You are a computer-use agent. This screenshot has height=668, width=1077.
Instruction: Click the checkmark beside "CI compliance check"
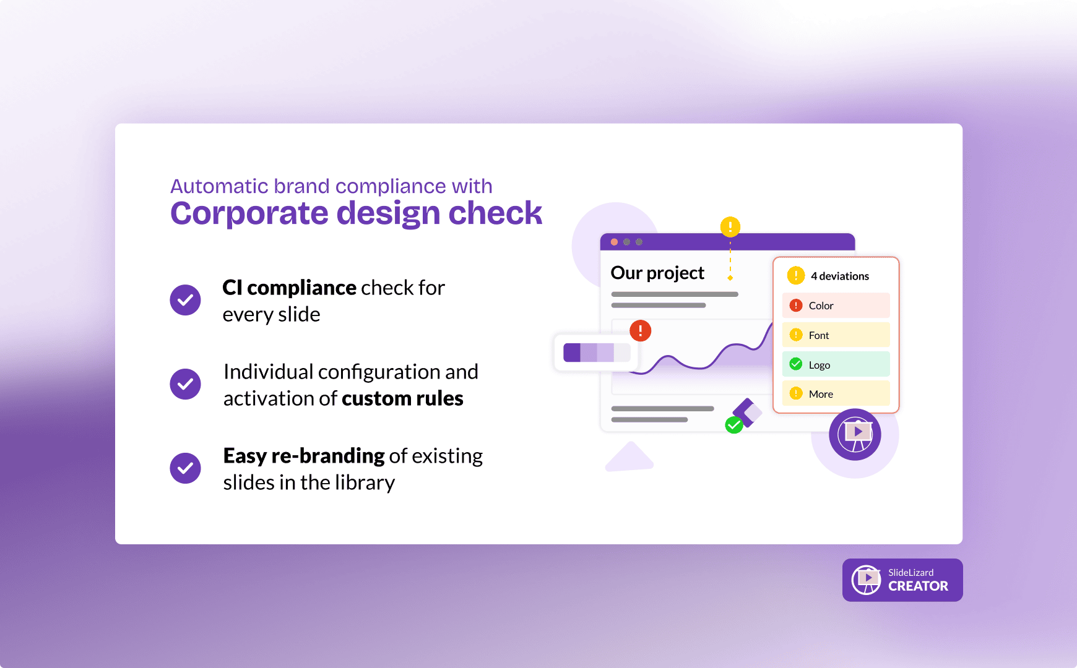(x=185, y=300)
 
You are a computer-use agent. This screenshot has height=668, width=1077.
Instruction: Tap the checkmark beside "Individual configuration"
(x=185, y=384)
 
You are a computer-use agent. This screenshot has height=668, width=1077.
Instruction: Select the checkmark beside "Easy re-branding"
(x=185, y=468)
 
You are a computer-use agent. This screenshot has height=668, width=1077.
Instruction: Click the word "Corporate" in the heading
(x=249, y=213)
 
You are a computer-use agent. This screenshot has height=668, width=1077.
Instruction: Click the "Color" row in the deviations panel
(x=836, y=306)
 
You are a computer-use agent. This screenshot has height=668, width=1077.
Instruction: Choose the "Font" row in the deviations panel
(x=836, y=335)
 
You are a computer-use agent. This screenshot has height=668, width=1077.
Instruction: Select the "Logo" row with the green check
(x=836, y=364)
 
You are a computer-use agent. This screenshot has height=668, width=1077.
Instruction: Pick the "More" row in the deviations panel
(x=836, y=393)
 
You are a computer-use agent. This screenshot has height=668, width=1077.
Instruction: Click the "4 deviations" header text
(x=840, y=276)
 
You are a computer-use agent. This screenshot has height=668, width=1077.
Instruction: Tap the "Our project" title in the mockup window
(x=657, y=273)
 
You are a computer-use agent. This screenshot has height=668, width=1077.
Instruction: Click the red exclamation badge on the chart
(x=640, y=331)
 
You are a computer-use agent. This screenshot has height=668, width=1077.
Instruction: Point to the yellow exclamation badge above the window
(x=730, y=226)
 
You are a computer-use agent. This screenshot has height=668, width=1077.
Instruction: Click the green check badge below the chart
(x=734, y=425)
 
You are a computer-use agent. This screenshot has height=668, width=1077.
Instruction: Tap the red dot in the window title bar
(x=614, y=242)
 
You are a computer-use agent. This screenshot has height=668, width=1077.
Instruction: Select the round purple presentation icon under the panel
(x=855, y=434)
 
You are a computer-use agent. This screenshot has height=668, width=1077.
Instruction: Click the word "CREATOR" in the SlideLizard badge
(x=918, y=586)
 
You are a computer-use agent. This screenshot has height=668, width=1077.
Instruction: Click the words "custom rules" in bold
(x=402, y=398)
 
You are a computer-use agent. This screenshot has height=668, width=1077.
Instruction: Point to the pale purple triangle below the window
(x=629, y=458)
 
